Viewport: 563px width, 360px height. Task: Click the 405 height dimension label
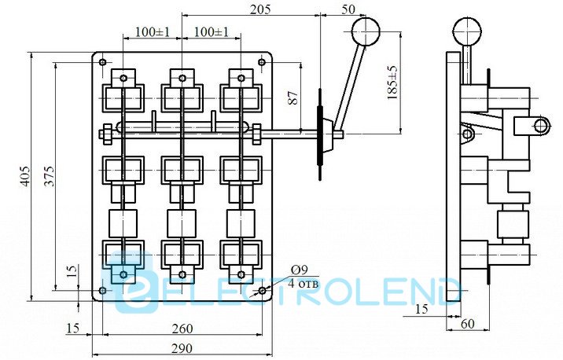click(x=25, y=176)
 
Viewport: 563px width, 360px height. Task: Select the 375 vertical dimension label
click(x=49, y=176)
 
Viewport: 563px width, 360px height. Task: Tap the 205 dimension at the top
click(x=260, y=9)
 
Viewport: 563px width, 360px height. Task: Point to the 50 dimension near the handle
click(x=348, y=9)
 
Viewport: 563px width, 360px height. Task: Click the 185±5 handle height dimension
click(x=392, y=83)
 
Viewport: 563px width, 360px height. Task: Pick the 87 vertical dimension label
click(x=293, y=97)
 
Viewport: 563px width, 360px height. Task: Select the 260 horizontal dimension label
click(x=182, y=329)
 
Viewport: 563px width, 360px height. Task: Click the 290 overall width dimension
click(x=182, y=348)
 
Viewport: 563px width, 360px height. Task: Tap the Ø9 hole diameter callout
click(x=300, y=270)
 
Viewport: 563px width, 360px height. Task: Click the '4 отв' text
click(x=303, y=284)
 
